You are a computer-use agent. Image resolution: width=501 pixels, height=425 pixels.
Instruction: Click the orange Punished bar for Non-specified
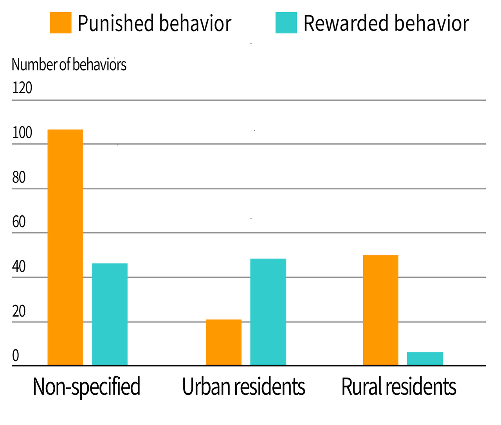(65, 247)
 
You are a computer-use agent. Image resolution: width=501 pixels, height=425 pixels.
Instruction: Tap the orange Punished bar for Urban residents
(224, 342)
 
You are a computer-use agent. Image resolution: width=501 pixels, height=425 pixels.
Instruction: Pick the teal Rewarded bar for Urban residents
(268, 312)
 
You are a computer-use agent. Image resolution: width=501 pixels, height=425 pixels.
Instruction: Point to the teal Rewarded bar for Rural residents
(425, 358)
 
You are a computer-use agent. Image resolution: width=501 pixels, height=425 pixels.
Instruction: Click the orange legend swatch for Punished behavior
(61, 23)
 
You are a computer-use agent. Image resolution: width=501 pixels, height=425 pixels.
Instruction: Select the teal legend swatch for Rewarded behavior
(286, 23)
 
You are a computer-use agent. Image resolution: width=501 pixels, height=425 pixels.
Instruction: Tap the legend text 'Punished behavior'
(155, 24)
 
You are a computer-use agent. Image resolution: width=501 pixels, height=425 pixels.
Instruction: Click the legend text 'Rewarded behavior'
(386, 24)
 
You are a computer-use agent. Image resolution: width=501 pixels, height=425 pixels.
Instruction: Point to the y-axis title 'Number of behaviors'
(69, 65)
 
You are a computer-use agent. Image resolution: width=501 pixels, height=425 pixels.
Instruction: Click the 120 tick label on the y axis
(22, 88)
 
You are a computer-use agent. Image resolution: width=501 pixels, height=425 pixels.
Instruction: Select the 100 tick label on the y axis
(22, 133)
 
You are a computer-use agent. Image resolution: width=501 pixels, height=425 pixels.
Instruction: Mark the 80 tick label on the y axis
(19, 177)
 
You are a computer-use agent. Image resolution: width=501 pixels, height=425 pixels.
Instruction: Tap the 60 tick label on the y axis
(19, 222)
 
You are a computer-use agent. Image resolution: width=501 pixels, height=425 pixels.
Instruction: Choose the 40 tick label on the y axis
(19, 267)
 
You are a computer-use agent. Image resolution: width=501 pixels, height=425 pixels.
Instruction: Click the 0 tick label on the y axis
(16, 356)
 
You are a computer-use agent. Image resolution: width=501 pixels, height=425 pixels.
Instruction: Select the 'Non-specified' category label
(87, 387)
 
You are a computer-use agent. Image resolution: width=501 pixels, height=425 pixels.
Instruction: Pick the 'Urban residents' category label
(243, 387)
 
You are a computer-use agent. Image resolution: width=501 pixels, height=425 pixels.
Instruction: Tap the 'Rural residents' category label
(398, 387)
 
